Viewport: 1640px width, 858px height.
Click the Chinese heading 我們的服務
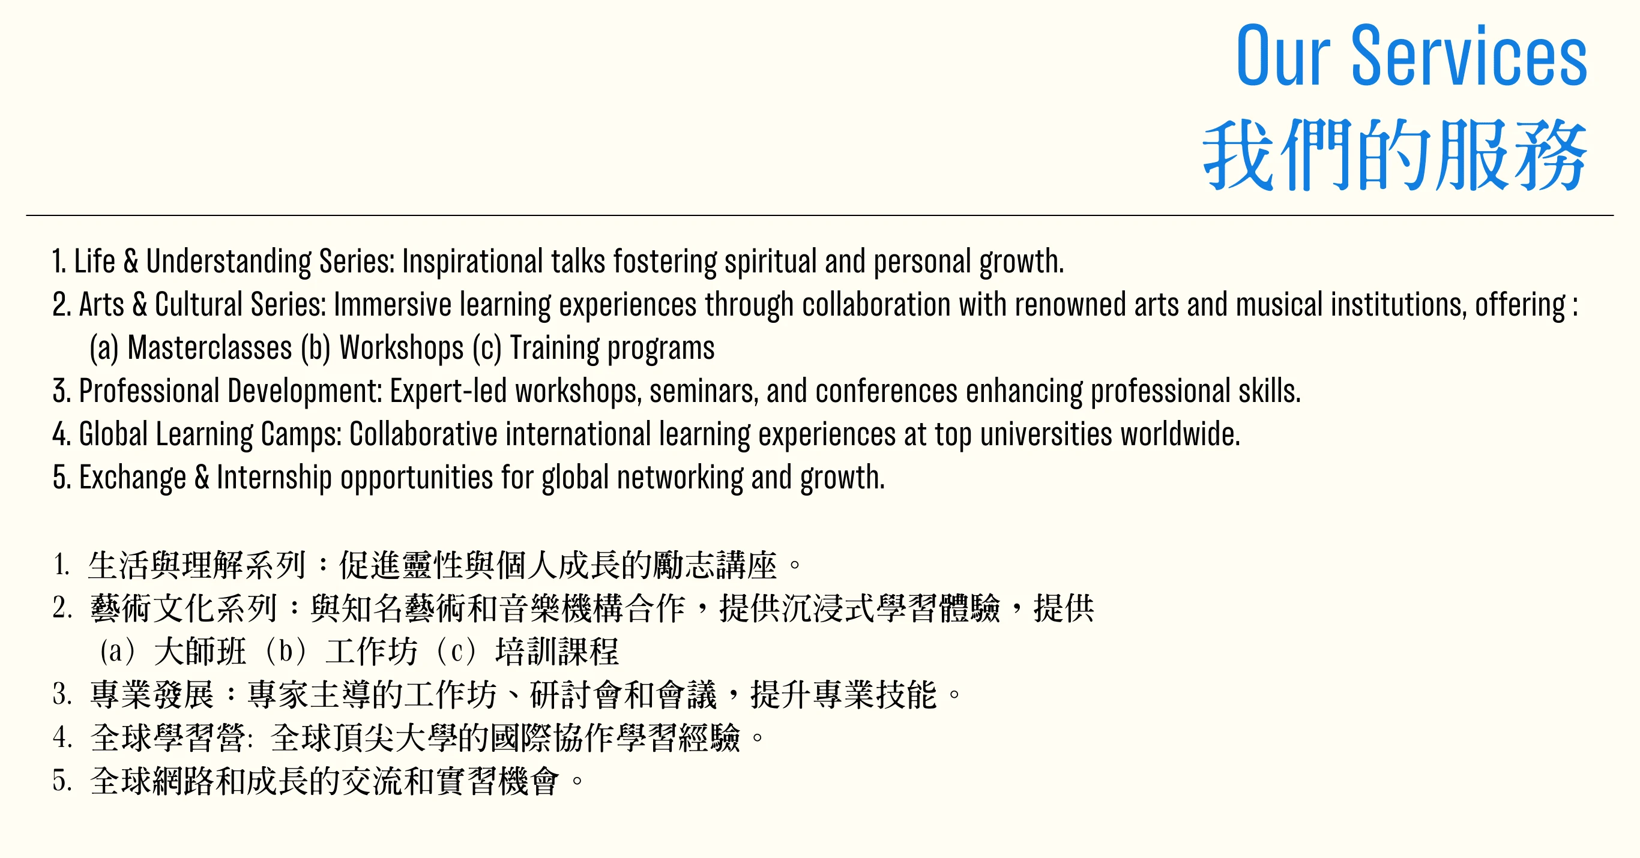(1394, 155)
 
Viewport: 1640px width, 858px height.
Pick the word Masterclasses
(210, 347)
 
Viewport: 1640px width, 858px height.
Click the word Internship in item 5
(274, 478)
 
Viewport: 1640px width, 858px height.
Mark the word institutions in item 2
(1399, 305)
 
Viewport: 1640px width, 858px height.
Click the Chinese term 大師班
(200, 651)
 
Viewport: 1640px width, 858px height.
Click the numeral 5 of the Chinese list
(61, 781)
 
